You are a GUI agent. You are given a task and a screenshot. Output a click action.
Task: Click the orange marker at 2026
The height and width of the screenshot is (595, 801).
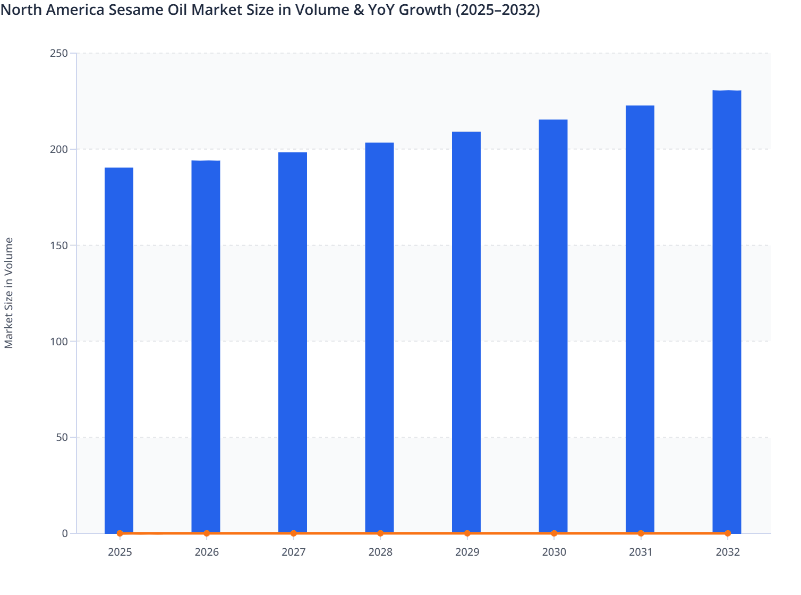coord(207,533)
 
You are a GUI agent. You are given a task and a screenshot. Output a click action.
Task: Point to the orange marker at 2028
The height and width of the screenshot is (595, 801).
coord(380,533)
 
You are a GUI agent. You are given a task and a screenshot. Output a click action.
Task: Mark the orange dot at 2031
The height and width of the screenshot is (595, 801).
coord(641,533)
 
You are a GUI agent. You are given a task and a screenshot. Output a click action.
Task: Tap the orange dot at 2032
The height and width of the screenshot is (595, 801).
coord(728,533)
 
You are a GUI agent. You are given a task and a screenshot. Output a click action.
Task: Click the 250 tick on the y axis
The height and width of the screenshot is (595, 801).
coord(59,53)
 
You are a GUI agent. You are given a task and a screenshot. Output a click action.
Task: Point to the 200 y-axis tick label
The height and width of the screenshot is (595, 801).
coord(59,149)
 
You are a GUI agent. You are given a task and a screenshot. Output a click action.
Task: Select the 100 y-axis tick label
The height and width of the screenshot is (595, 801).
coord(59,342)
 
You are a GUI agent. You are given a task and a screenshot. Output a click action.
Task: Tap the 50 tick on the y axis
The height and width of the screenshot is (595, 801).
coord(62,438)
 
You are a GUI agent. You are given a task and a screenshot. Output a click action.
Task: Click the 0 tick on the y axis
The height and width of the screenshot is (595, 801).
coord(65,533)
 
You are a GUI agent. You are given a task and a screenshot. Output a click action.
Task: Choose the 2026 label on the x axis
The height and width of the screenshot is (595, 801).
coord(207,552)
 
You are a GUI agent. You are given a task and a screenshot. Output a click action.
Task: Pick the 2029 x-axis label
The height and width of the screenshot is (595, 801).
coord(467,552)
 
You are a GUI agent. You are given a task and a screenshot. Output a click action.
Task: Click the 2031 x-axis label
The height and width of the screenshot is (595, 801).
coord(641,552)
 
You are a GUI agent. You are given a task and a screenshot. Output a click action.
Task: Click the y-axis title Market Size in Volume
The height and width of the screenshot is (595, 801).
coord(9,293)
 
